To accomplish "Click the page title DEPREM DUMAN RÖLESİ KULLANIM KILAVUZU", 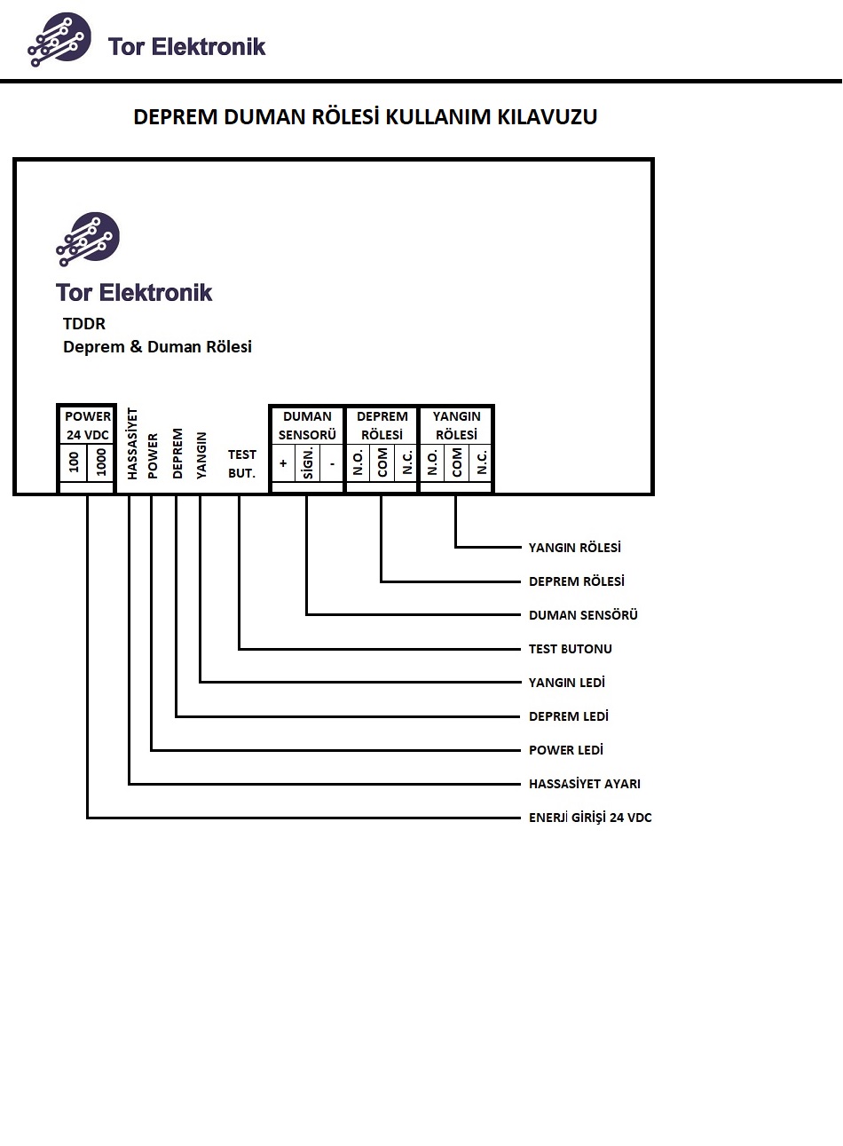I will (365, 117).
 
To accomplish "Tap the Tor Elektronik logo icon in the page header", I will (59, 39).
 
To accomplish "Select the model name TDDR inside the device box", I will (84, 324).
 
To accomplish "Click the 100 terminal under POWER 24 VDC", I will (74, 462).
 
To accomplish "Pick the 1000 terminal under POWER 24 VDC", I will (101, 462).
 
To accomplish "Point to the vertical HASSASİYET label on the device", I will (132, 444).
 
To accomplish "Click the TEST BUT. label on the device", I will (241, 463).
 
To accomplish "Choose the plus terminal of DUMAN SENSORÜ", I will (283, 463).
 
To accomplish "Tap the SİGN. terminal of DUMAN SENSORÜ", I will (308, 462).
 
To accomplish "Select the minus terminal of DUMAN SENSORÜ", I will (332, 463).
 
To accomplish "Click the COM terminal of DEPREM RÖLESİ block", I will (382, 462).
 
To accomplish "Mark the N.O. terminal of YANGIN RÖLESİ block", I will (432, 462).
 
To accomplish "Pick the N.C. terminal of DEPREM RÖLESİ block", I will (406, 462).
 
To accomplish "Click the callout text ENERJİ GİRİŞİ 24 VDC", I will (590, 818).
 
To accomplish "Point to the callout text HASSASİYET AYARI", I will (584, 784).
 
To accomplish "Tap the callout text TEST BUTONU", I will (570, 649).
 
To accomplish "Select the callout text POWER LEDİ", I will (565, 750).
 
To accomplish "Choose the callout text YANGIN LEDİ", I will (566, 683).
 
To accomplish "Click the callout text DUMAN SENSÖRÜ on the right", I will (583, 615).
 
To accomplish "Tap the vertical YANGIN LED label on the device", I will (201, 455).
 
